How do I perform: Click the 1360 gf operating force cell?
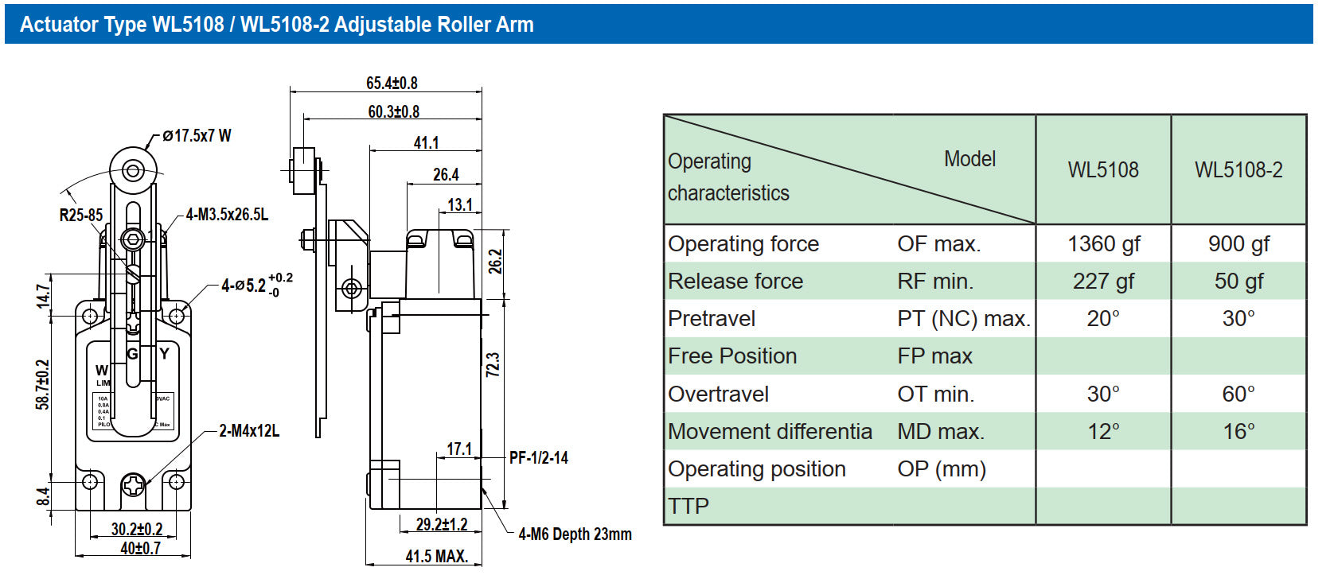(x=1103, y=244)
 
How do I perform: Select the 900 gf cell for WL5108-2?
(x=1238, y=244)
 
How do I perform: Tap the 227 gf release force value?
(x=1103, y=282)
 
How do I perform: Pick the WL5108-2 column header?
(x=1238, y=169)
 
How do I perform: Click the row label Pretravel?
(x=712, y=319)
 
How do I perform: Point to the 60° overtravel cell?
(x=1238, y=394)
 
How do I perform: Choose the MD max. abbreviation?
(x=941, y=432)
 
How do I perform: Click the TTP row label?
(x=688, y=506)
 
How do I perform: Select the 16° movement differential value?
(x=1238, y=432)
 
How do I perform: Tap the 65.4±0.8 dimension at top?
(x=392, y=84)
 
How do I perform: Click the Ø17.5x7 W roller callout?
(x=197, y=136)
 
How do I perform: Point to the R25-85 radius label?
(x=81, y=215)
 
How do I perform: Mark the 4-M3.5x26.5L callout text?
(x=227, y=215)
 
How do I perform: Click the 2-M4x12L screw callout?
(x=249, y=431)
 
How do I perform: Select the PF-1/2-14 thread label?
(x=539, y=458)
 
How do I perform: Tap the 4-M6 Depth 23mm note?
(x=575, y=534)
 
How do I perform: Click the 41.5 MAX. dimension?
(x=436, y=557)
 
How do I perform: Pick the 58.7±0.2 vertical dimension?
(x=43, y=385)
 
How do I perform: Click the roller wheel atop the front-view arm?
(x=133, y=170)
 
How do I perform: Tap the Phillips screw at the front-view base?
(x=133, y=484)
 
